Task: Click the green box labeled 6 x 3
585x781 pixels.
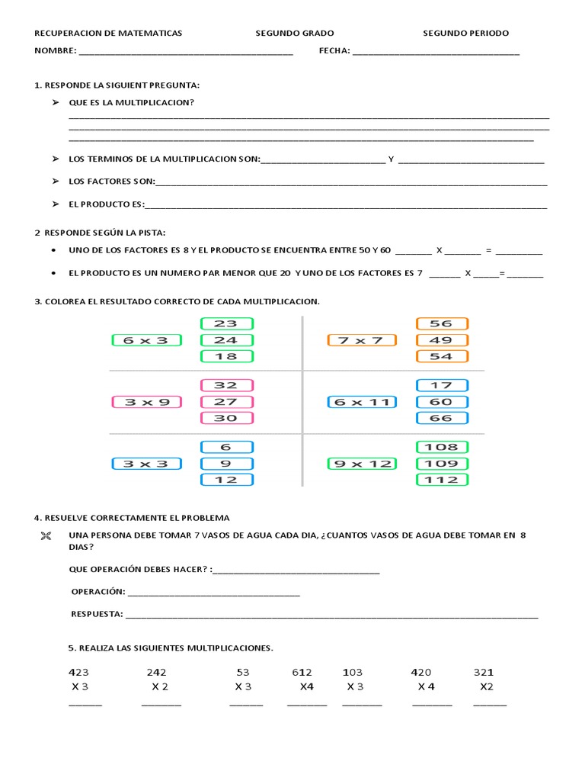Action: (x=145, y=340)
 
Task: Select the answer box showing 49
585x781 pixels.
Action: (x=442, y=340)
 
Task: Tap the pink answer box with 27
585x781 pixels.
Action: (x=226, y=402)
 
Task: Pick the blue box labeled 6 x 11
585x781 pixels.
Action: (x=361, y=402)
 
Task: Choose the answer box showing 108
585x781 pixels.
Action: (x=442, y=447)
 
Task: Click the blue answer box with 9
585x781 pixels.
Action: (x=226, y=464)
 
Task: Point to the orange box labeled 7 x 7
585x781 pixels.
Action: (x=361, y=340)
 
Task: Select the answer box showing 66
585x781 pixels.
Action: (x=442, y=418)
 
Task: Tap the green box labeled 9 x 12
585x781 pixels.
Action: (x=361, y=464)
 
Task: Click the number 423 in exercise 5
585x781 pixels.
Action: (x=78, y=672)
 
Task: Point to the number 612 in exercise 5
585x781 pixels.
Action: (x=302, y=672)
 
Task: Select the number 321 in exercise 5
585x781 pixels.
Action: (x=484, y=672)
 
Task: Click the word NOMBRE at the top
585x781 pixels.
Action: (x=55, y=51)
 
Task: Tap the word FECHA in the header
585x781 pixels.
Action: (x=334, y=51)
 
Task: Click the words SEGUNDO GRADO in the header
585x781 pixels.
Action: (x=294, y=34)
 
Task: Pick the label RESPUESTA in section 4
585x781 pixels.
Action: (x=97, y=613)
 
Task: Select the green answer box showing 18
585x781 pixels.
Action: (x=226, y=356)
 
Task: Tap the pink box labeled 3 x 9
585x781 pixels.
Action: (x=145, y=402)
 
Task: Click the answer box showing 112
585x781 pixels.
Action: (x=442, y=480)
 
